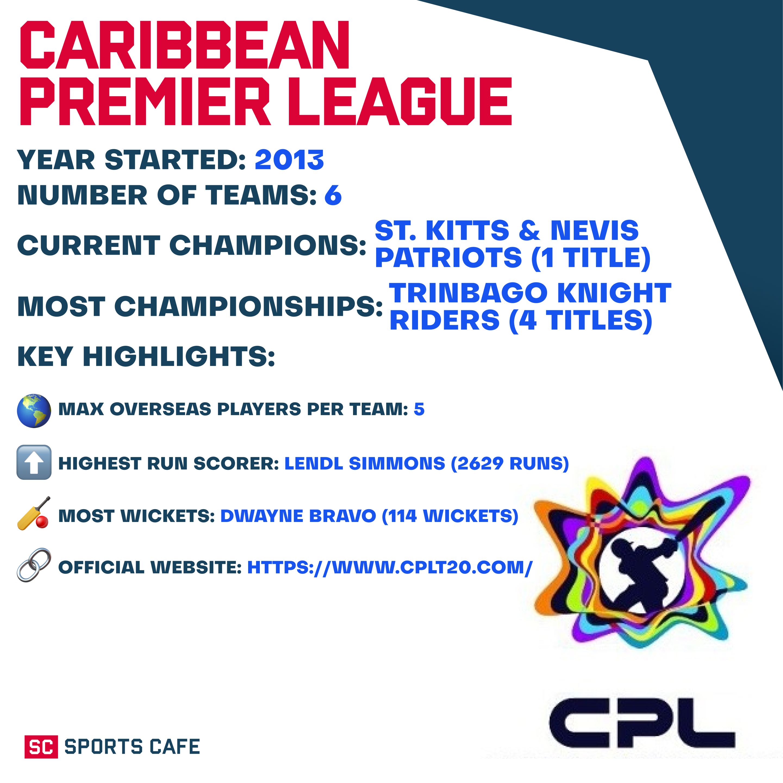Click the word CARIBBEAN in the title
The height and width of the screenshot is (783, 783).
tap(184, 45)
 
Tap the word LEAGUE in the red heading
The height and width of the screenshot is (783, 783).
tap(399, 101)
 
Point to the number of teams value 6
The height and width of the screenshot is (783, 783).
tap(333, 195)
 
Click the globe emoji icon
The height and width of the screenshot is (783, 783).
tap(34, 410)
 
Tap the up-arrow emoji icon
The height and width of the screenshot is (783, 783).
tap(34, 462)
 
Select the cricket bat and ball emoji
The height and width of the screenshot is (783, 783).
tap(34, 513)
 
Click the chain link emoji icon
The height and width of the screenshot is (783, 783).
tap(34, 565)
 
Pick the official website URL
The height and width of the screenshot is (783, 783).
tap(389, 567)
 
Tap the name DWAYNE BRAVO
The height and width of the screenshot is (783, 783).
tap(298, 516)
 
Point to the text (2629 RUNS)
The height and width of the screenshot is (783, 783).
tap(510, 464)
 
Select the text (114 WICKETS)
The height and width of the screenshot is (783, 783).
tap(450, 516)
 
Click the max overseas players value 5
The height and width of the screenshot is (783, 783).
tap(419, 409)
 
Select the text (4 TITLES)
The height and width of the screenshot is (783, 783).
tap(580, 321)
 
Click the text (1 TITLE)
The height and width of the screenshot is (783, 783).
tap(591, 258)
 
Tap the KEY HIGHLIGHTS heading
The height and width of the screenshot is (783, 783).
tap(146, 357)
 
